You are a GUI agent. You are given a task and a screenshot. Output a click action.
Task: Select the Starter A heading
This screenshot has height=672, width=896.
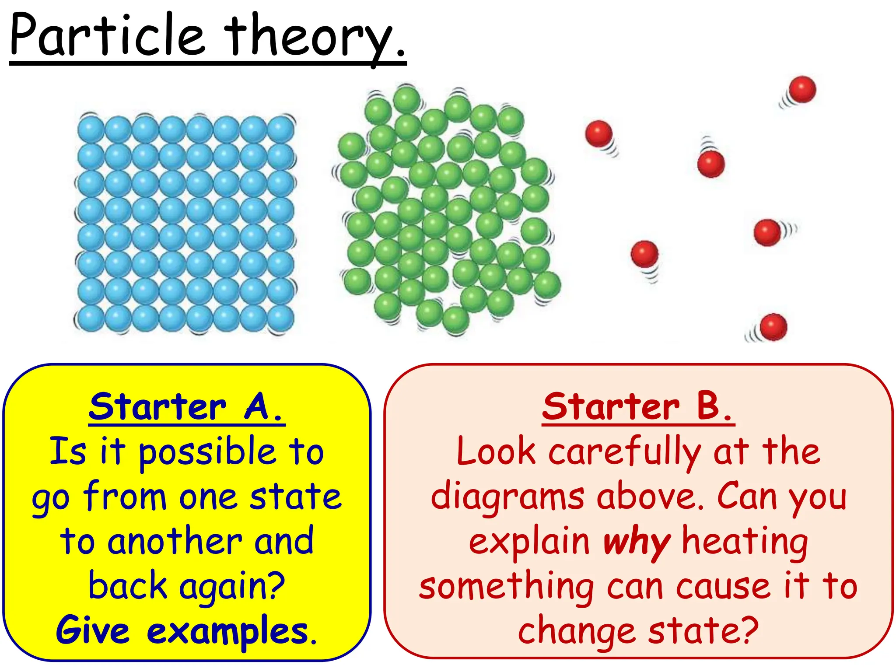click(187, 407)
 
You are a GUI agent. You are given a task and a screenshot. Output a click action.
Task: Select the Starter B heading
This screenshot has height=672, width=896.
click(638, 407)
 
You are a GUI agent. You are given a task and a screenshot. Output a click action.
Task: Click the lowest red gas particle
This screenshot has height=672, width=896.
click(773, 327)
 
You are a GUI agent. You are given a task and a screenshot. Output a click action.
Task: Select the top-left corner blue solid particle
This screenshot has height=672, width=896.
click(91, 129)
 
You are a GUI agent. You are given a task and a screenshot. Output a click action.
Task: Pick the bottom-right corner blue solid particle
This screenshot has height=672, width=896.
click(280, 318)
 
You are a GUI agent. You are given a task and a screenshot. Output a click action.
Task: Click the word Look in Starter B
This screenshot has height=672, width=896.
click(496, 452)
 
